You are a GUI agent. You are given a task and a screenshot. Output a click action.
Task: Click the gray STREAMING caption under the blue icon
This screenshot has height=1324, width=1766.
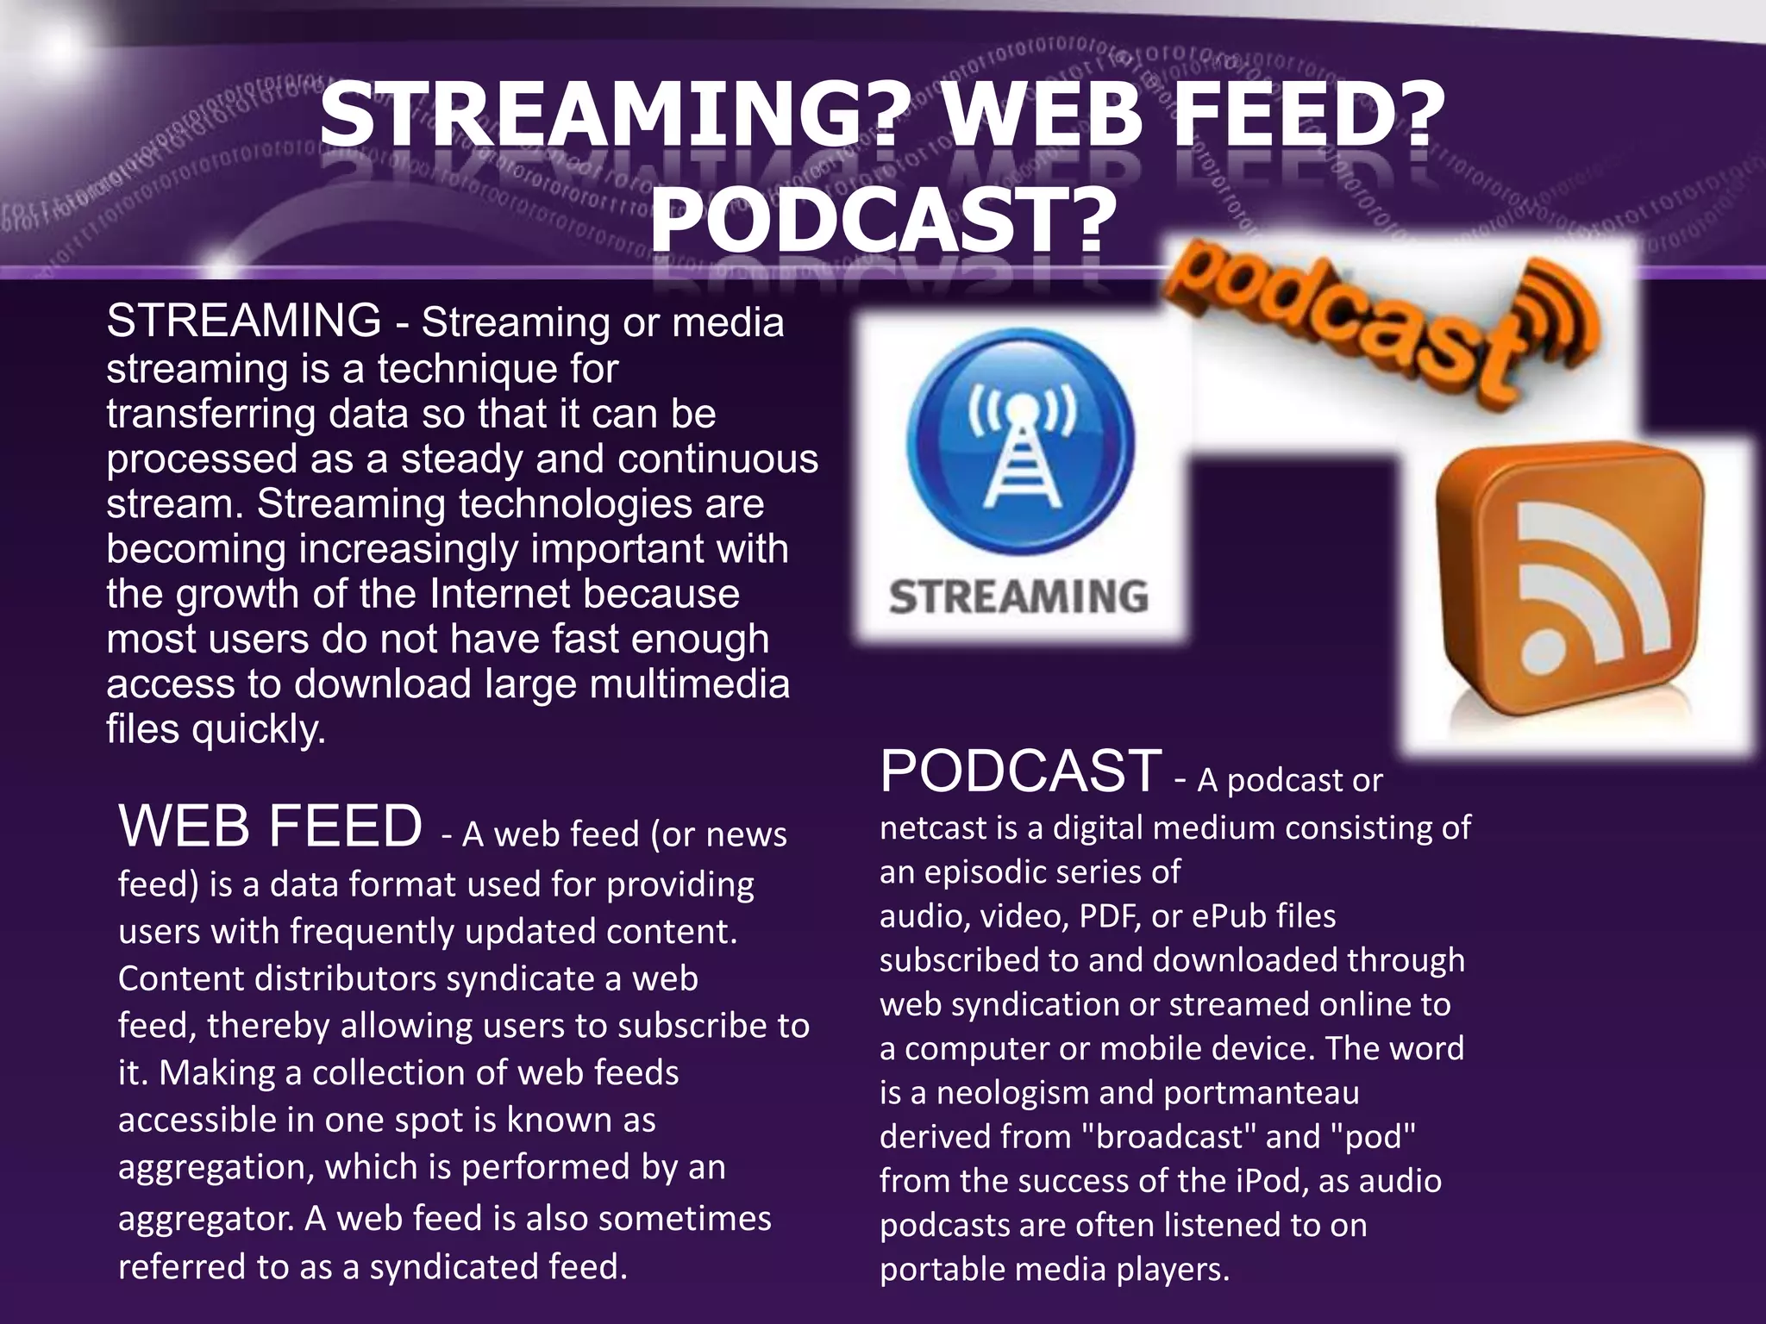coord(1018,597)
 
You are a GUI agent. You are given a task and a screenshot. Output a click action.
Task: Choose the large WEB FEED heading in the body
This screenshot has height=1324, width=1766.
coord(270,826)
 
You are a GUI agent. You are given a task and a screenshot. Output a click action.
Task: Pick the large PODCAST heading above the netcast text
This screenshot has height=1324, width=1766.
coord(1020,771)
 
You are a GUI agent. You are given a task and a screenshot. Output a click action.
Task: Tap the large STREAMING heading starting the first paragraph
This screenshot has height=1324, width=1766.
coord(244,321)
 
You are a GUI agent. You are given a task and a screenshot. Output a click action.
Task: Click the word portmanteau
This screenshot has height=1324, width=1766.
coord(1261,1092)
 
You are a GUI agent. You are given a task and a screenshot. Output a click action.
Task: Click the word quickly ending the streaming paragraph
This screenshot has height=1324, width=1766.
coord(259,730)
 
